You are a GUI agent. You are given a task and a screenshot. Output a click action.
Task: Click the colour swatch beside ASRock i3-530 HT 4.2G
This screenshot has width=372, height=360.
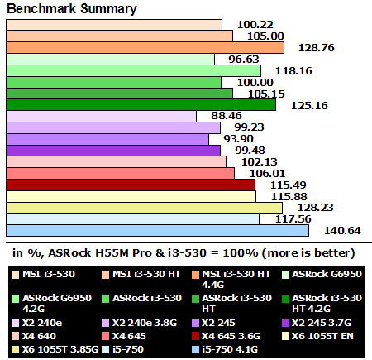point(285,295)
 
